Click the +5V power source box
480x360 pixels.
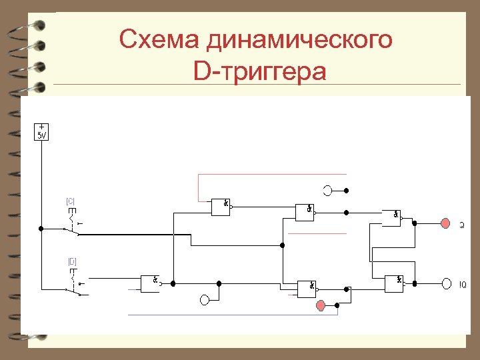point(41,131)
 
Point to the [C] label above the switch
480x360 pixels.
point(70,201)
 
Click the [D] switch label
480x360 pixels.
point(72,261)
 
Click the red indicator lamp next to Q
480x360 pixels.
point(445,224)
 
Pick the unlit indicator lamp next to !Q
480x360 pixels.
point(445,283)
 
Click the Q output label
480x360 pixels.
point(461,225)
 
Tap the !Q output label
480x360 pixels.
point(462,285)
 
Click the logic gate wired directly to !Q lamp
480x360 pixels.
point(395,283)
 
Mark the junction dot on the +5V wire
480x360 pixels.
point(41,228)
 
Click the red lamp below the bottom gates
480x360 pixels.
point(321,305)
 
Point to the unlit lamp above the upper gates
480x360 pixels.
point(327,191)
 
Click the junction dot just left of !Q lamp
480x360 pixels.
point(415,283)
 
